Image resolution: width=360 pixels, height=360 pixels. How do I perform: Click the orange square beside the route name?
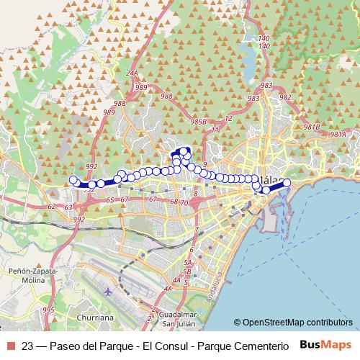click(x=10, y=346)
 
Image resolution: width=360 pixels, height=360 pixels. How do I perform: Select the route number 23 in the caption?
click(x=28, y=346)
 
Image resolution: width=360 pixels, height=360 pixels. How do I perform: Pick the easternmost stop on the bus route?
click(x=287, y=183)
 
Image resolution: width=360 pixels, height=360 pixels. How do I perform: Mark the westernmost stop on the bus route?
click(x=73, y=180)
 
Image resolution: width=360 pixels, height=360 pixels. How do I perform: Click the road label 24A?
click(x=131, y=73)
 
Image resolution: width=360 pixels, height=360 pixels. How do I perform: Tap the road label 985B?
click(x=199, y=122)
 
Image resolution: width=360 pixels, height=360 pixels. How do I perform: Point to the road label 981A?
click(x=338, y=134)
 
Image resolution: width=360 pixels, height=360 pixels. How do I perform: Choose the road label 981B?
click(x=311, y=127)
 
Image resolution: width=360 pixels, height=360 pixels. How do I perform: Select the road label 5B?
click(x=186, y=271)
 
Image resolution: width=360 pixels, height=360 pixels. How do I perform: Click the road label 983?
click(x=267, y=85)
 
